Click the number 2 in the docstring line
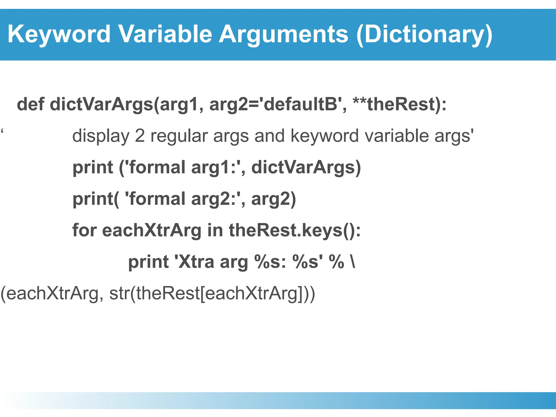tap(140, 136)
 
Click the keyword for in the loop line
tap(84, 230)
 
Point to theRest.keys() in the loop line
tap(295, 230)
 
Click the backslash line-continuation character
tap(353, 262)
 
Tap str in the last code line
tap(119, 293)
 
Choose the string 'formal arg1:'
tap(185, 167)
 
